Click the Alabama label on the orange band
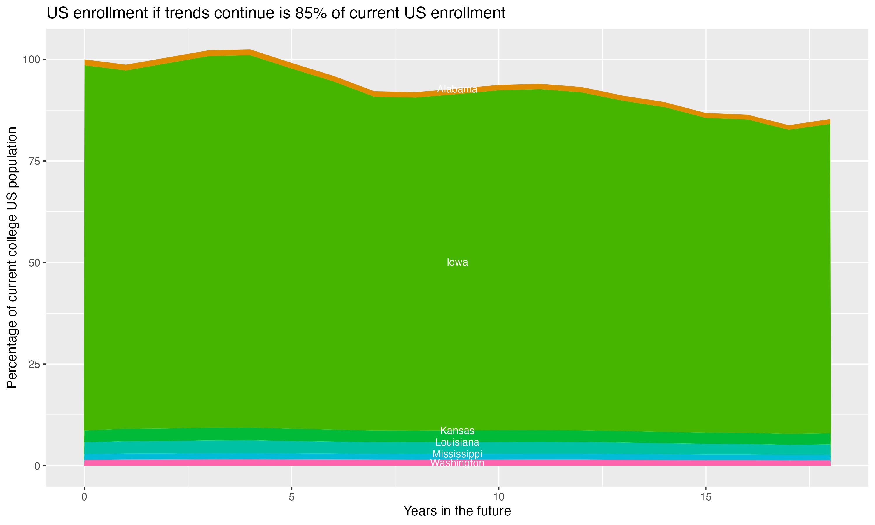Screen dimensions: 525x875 click(x=457, y=89)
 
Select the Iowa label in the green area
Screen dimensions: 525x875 click(x=457, y=262)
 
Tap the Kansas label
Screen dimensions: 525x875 click(x=457, y=430)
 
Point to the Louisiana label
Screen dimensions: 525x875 click(x=457, y=442)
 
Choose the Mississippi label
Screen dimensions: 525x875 click(x=457, y=454)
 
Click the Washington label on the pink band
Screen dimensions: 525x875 click(x=457, y=463)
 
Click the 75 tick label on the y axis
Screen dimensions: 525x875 click(x=35, y=161)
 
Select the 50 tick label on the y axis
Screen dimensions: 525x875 click(x=35, y=263)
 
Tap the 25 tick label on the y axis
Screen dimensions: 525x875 click(x=35, y=364)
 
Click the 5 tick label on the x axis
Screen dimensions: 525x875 click(x=291, y=497)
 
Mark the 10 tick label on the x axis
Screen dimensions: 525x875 click(x=498, y=497)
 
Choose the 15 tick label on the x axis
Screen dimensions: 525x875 click(x=706, y=497)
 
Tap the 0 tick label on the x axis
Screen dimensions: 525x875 click(x=84, y=497)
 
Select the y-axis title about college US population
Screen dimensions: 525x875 click(x=12, y=258)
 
